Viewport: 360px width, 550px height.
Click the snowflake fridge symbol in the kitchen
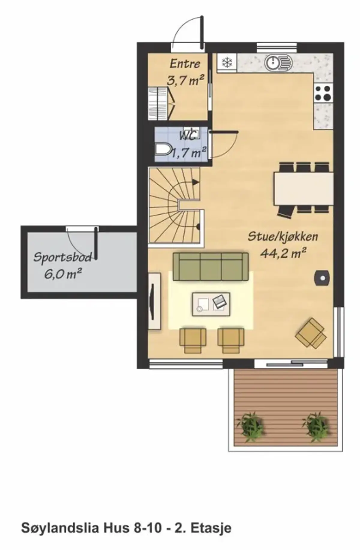[227, 63]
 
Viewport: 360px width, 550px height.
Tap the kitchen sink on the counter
[278, 62]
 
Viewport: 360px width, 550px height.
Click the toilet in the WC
[163, 149]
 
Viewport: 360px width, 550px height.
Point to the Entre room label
[185, 64]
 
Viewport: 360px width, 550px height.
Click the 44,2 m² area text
[283, 253]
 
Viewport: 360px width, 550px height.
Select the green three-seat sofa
[211, 266]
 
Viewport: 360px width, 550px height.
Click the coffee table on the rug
[211, 304]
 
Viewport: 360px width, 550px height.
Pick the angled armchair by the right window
[311, 333]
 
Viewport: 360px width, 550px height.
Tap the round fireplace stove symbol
[322, 278]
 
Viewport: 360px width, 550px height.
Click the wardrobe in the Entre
[162, 103]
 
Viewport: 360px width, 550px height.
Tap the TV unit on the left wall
[154, 301]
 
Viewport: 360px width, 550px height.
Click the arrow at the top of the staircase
[195, 182]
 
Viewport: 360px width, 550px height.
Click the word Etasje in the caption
[211, 528]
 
